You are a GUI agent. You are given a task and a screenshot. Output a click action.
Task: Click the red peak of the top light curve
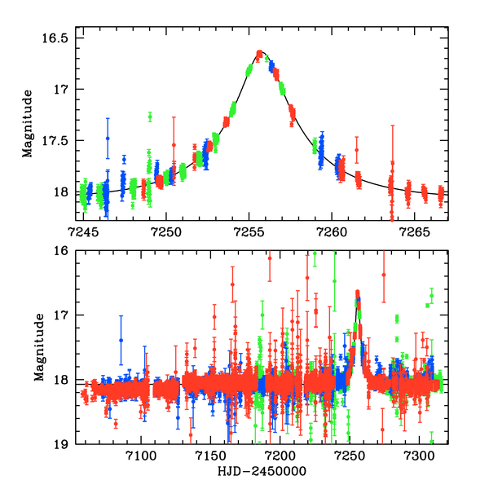click(x=260, y=54)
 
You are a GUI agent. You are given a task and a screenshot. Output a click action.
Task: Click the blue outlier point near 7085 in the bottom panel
click(x=121, y=340)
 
